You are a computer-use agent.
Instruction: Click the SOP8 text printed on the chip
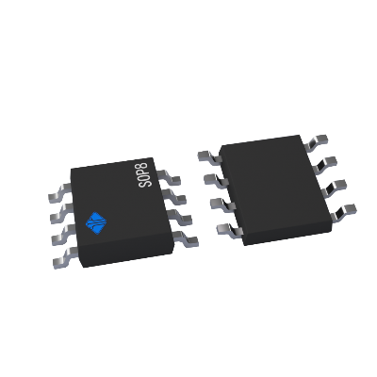[x=144, y=173]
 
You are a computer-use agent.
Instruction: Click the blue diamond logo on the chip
[x=97, y=222]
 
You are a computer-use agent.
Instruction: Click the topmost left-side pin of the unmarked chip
[x=205, y=158]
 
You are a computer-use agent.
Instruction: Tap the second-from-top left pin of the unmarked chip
[x=212, y=178]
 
